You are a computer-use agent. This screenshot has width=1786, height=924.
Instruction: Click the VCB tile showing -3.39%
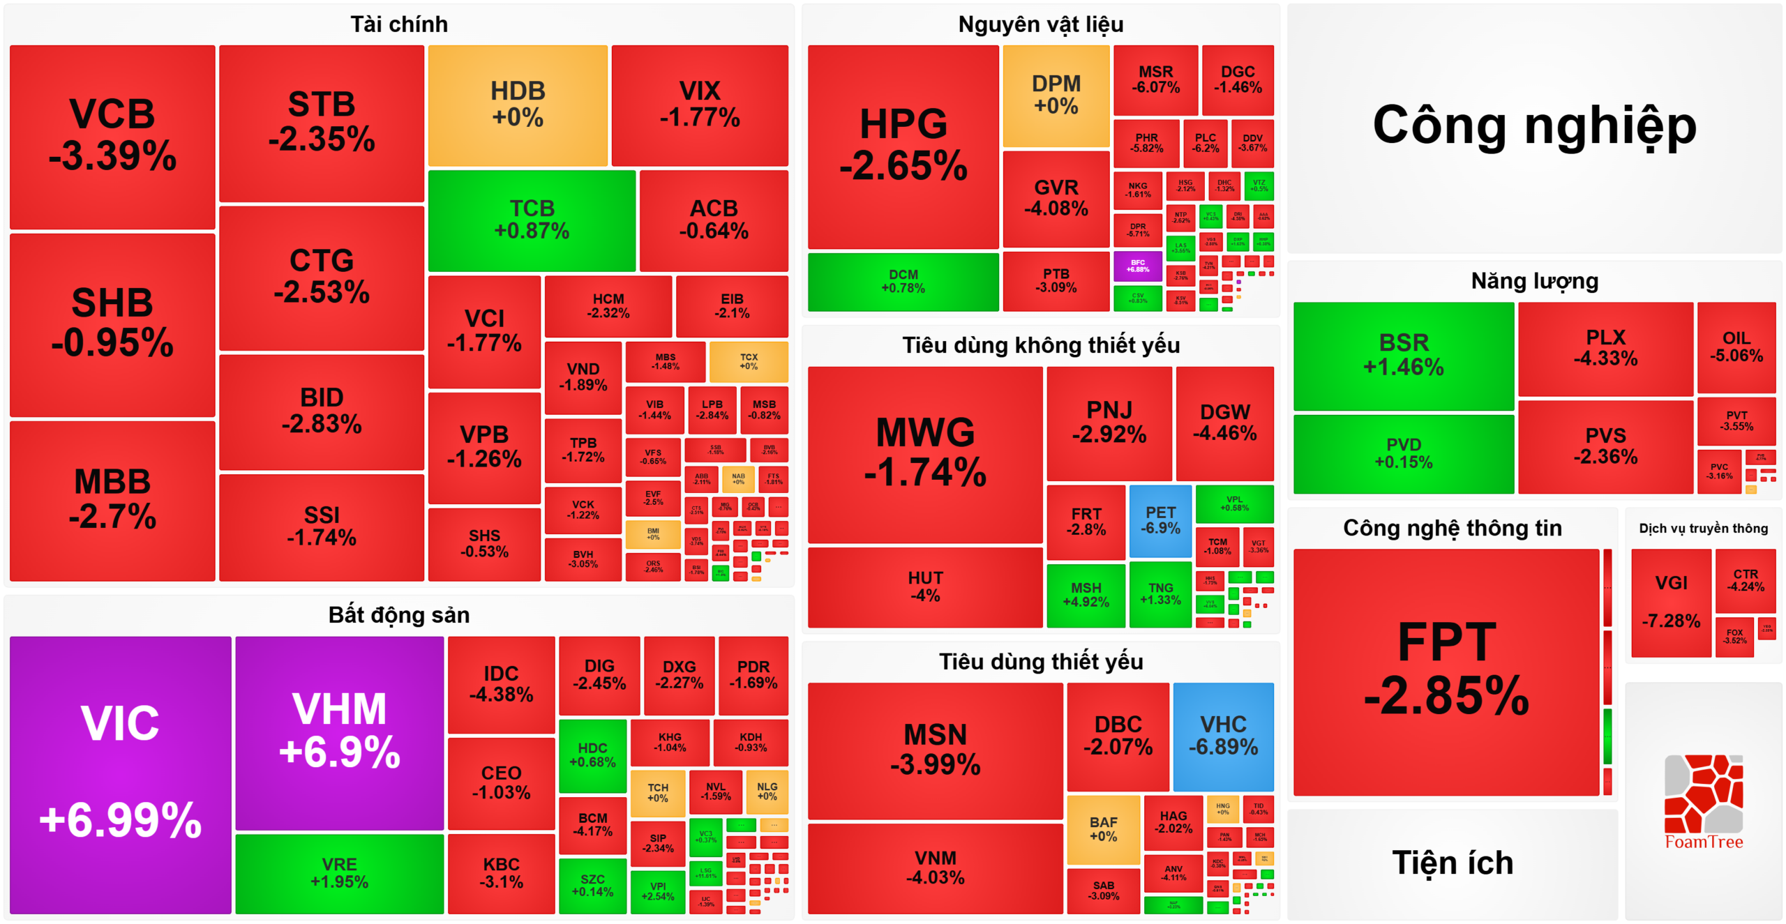[x=112, y=137]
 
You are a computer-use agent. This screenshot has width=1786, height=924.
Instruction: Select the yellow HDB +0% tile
[x=518, y=105]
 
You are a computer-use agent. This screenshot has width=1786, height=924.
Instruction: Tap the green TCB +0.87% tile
[x=532, y=220]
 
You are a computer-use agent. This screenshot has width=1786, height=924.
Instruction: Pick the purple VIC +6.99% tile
[x=120, y=774]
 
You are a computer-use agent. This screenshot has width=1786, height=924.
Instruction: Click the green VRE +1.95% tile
[x=339, y=873]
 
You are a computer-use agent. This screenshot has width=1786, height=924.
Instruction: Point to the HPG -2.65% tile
[x=903, y=146]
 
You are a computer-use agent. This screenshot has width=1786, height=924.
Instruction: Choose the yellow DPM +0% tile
[x=1056, y=96]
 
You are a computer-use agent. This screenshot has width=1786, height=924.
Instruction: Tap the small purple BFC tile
[x=1137, y=266]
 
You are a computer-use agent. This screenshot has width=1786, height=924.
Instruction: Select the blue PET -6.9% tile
[x=1160, y=521]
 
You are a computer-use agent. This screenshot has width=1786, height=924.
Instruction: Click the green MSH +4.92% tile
[x=1086, y=595]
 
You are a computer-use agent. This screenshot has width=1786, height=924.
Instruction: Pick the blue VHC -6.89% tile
[x=1223, y=736]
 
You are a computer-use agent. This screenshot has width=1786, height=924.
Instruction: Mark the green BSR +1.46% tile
[x=1403, y=356]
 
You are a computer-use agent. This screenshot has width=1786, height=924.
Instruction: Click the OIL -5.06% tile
[x=1736, y=347]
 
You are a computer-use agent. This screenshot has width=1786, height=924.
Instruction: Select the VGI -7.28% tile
[x=1671, y=602]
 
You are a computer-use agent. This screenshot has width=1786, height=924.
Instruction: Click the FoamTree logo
[x=1703, y=802]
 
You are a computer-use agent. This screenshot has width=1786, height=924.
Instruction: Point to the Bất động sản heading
[x=398, y=615]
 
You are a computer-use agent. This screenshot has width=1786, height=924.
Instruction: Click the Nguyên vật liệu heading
[x=1040, y=24]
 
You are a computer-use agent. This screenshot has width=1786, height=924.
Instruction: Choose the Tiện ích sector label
[x=1453, y=863]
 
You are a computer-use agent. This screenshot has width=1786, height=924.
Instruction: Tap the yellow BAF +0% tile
[x=1103, y=829]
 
